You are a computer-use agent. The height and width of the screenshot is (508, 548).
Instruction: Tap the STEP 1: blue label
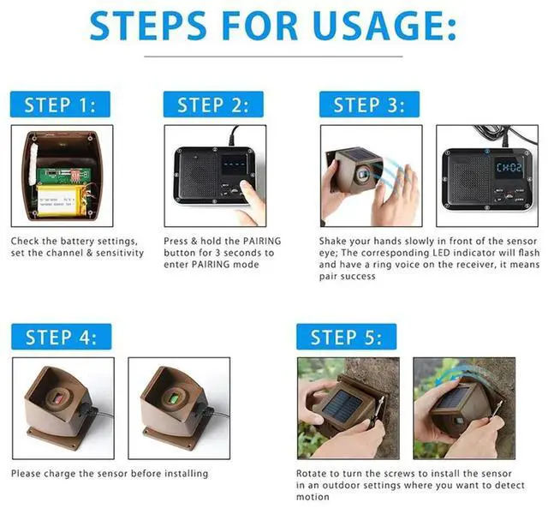coord(60,105)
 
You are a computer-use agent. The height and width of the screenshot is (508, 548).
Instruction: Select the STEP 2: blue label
coord(213,105)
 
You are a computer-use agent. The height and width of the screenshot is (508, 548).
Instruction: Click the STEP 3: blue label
coord(369,105)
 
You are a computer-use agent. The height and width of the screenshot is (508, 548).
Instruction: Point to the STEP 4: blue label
coord(61,337)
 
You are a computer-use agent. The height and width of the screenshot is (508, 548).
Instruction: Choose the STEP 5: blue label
coord(346,337)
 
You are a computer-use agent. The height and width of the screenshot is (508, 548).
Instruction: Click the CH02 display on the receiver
coord(509,167)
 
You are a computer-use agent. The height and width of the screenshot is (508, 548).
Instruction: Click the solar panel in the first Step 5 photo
coord(342,405)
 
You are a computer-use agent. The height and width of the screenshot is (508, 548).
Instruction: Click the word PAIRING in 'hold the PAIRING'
coord(262,241)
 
